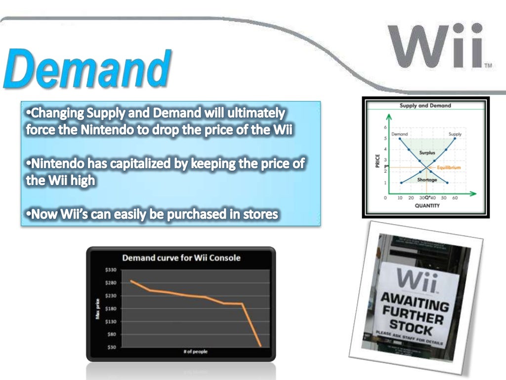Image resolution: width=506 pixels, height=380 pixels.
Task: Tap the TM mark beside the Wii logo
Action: (x=488, y=65)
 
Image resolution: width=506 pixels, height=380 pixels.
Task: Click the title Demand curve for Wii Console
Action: (x=181, y=258)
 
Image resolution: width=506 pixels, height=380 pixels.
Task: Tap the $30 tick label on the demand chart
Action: (x=111, y=347)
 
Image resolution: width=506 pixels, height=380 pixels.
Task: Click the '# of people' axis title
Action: (x=193, y=351)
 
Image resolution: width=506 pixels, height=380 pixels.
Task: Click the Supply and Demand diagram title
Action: (x=425, y=105)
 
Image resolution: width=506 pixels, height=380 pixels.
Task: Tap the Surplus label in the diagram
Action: (x=427, y=152)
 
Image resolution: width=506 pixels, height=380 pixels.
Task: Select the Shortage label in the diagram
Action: (x=427, y=180)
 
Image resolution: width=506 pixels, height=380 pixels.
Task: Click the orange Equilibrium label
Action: (x=449, y=168)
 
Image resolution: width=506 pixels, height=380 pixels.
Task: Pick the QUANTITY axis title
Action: (x=427, y=206)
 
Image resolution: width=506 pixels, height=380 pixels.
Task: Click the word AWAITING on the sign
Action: (x=414, y=301)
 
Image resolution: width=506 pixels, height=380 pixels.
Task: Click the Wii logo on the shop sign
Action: (x=418, y=281)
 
